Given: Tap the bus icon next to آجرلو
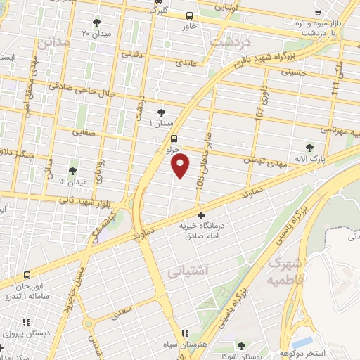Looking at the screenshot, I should [174, 139].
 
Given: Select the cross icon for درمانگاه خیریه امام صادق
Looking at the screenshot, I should [202, 215].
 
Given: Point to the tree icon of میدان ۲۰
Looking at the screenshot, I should [96, 22].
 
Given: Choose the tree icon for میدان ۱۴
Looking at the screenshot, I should [72, 171].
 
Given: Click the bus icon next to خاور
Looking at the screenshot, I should [189, 15].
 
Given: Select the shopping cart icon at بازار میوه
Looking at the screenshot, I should [319, 12].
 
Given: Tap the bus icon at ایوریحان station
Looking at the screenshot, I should [27, 275].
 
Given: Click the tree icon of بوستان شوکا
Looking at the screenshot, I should [241, 346].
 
